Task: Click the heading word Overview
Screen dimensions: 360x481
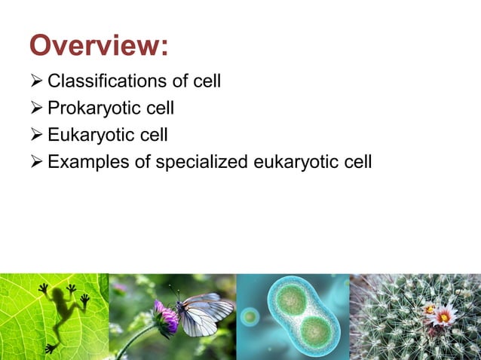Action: point(98,46)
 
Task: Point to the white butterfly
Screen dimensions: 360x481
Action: point(203,313)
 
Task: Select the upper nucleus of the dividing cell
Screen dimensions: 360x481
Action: point(290,300)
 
